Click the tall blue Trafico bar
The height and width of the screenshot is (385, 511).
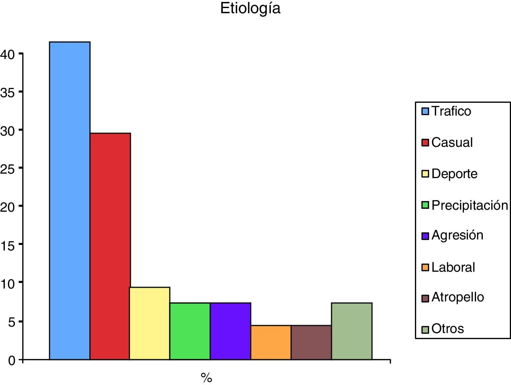tap(70, 200)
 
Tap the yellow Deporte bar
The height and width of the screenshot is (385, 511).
tap(150, 323)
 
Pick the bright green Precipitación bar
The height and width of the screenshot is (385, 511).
tap(190, 331)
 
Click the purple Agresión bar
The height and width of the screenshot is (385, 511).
tap(231, 331)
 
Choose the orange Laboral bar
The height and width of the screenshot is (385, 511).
tap(271, 342)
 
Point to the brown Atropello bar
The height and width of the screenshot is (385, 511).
tap(311, 342)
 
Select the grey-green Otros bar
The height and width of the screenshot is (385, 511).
tap(352, 331)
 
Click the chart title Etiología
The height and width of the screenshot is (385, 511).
tap(250, 8)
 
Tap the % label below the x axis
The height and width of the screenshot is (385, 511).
tap(206, 377)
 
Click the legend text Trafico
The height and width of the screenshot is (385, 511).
tap(451, 111)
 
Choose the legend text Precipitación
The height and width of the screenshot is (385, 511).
tap(470, 205)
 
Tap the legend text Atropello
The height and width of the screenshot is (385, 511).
tap(457, 297)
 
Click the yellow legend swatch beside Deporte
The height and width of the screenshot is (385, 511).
tap(425, 174)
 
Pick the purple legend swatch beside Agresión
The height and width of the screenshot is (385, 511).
tap(425, 236)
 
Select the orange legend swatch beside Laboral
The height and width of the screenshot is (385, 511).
tap(425, 267)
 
